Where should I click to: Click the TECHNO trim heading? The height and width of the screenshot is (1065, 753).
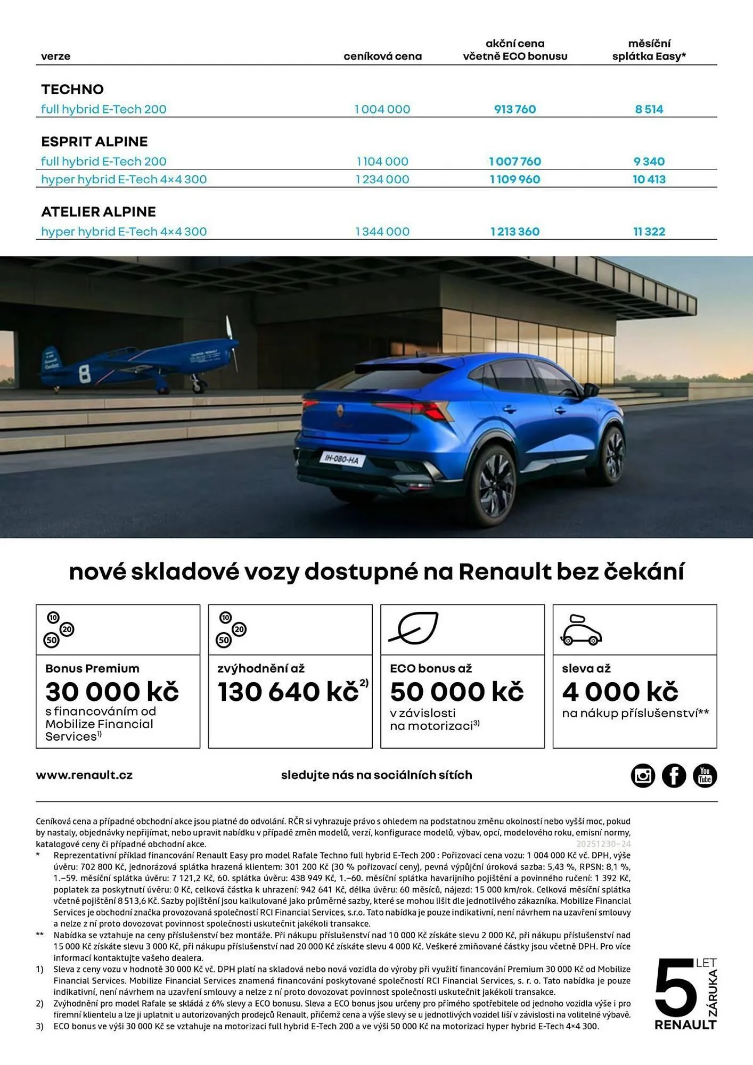(x=72, y=89)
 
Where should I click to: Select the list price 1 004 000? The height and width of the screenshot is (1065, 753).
(x=382, y=109)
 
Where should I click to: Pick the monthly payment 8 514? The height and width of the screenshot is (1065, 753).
(x=649, y=109)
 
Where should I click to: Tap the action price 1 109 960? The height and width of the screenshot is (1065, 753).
(x=514, y=179)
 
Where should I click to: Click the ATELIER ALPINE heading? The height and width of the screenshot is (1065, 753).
(x=99, y=212)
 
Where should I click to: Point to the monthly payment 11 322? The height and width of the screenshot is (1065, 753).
(x=649, y=232)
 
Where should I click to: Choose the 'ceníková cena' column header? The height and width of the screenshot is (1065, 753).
(x=382, y=56)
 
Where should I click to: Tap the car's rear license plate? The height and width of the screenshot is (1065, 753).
(x=341, y=458)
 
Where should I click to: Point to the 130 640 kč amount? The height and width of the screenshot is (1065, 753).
(x=288, y=692)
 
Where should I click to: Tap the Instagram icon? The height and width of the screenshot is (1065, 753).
(x=643, y=775)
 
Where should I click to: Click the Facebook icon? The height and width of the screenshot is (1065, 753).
(x=674, y=775)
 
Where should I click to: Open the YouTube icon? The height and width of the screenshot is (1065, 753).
(x=705, y=775)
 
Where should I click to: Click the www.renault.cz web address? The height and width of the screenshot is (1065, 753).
(x=84, y=775)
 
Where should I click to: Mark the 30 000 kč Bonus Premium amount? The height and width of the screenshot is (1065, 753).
(x=112, y=692)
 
